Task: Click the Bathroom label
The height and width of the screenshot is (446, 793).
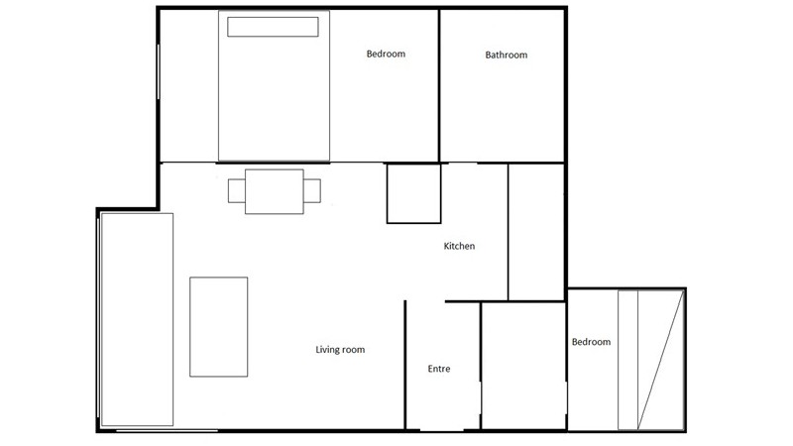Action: (x=507, y=55)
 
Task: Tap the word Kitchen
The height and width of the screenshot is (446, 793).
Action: (x=459, y=246)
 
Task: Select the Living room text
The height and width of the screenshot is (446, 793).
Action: (x=340, y=350)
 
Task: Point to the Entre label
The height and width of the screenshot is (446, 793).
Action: (x=439, y=369)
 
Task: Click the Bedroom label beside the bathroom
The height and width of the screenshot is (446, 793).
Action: (x=386, y=54)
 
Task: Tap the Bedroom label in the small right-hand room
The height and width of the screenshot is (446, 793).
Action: (x=591, y=342)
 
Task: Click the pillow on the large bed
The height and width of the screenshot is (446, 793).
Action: (x=273, y=27)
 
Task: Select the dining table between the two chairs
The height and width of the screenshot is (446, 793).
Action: (x=275, y=191)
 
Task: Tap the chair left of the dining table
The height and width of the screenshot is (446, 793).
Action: (x=236, y=191)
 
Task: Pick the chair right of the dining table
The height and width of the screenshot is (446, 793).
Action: (x=312, y=191)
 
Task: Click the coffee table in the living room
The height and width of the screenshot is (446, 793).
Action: (x=218, y=327)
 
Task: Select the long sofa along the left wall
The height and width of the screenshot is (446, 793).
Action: (x=137, y=319)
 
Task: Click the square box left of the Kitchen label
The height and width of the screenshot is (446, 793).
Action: (x=413, y=193)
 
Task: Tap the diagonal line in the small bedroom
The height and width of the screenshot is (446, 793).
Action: (x=660, y=361)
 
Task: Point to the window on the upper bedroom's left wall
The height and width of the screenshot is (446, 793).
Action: (x=159, y=71)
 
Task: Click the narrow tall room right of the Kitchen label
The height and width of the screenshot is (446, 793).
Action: (x=536, y=232)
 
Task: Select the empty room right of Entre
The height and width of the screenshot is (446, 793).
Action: (x=523, y=366)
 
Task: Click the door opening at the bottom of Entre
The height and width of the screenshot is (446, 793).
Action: (x=441, y=430)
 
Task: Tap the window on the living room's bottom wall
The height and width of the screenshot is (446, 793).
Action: (x=167, y=431)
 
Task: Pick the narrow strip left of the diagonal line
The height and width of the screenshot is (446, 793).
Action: (x=627, y=361)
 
